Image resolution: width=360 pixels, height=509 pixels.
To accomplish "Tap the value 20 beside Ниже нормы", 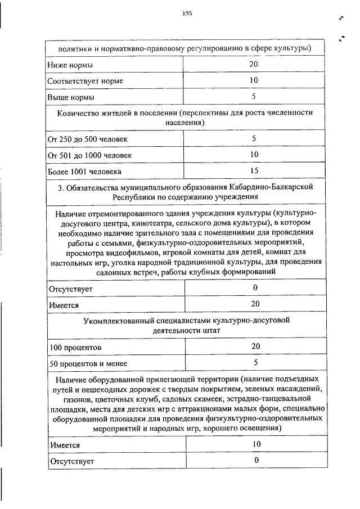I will click(x=254, y=65).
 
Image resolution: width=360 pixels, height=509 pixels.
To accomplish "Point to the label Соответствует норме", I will click(x=85, y=81).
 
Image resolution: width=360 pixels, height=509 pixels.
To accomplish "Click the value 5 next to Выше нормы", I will click(x=254, y=97).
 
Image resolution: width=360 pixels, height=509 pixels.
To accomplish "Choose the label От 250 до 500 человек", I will click(x=88, y=139).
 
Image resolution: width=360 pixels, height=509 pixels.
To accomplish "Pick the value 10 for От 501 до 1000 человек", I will click(x=254, y=154).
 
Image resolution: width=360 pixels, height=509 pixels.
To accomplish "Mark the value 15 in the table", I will click(x=254, y=170).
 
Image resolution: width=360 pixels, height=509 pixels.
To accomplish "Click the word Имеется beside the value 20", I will click(x=64, y=305).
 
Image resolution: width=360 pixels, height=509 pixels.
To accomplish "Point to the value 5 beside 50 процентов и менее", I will click(x=255, y=362).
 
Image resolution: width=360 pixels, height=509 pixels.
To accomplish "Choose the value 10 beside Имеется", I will click(x=255, y=444).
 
